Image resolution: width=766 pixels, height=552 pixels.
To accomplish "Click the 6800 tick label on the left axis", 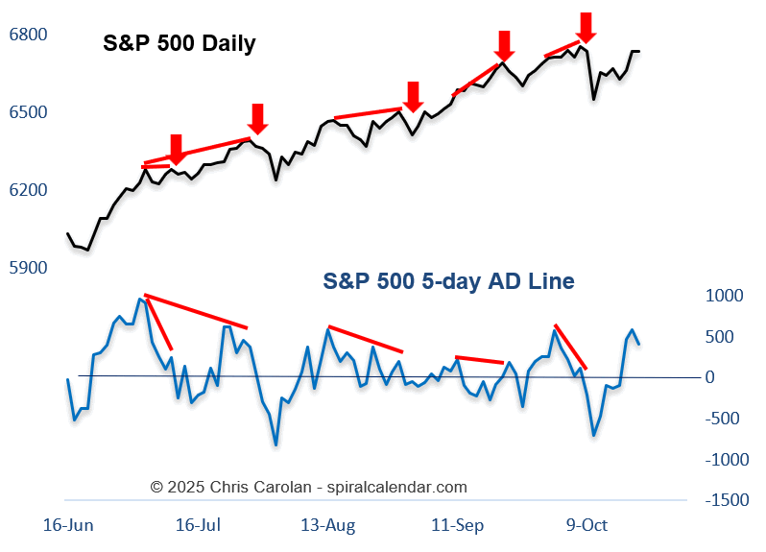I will (x=28, y=35).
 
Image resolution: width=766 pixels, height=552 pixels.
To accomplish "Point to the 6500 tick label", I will (x=28, y=112).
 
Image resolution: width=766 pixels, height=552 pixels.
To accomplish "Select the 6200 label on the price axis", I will (x=28, y=190).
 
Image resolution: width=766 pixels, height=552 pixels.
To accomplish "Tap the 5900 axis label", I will (x=28, y=268).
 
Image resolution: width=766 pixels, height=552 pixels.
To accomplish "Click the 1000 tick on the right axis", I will (x=725, y=296).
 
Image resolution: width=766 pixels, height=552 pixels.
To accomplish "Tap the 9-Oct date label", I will (x=587, y=525).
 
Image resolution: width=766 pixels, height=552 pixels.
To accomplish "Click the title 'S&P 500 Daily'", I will (x=180, y=44).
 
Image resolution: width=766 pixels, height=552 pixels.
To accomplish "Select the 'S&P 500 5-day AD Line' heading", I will (x=449, y=281).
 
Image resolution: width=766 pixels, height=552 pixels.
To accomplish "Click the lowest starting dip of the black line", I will (x=87, y=250).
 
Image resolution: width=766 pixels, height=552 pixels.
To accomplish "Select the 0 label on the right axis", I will (x=710, y=377).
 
